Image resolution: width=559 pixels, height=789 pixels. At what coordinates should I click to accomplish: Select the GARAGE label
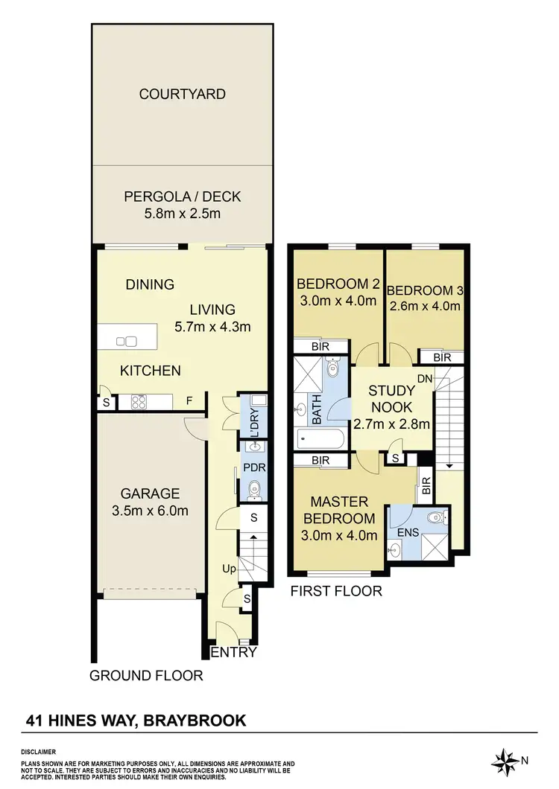pos(151,493)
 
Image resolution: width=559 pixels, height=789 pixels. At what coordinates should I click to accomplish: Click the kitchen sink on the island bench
pos(127,342)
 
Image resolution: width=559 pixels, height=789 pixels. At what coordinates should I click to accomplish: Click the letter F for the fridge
pos(190,401)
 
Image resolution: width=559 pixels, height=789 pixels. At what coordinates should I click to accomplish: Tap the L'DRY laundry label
pos(254,424)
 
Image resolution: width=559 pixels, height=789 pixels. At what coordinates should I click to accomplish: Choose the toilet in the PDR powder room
pos(255,489)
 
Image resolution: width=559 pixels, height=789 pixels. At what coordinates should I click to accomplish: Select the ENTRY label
pos(234,653)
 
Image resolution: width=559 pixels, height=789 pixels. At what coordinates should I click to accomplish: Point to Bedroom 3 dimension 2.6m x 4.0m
pos(424,305)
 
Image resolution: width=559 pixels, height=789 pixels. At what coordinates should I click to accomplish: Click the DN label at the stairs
pos(425,379)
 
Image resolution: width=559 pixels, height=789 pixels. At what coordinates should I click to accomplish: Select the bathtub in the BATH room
pos(319,438)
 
